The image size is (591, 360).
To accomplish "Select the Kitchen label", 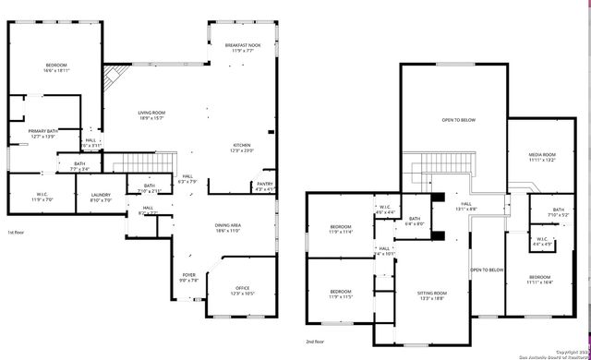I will coord(243,148).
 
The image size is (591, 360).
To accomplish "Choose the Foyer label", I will coord(187,278).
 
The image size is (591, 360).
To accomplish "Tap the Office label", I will coord(243,291).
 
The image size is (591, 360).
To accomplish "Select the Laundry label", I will coord(101,198).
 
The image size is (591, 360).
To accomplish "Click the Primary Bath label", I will coord(43,134).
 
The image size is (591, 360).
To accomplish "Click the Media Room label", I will coord(542,157).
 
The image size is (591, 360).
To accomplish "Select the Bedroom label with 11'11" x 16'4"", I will coord(540,280).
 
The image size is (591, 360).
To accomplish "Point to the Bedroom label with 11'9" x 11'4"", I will coord(341,230).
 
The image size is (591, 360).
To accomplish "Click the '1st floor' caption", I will coord(17,233).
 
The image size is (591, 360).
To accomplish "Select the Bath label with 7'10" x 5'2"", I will coord(558,212).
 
